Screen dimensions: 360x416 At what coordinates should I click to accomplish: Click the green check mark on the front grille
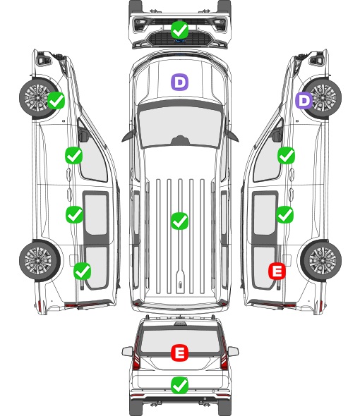180,30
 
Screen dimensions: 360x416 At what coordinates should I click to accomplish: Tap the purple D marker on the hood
179,82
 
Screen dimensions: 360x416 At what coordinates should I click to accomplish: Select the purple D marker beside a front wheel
304,100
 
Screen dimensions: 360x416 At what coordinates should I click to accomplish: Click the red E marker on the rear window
180,353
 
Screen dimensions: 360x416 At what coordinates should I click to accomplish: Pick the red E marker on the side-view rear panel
277,271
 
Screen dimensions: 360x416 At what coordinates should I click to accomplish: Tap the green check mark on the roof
179,221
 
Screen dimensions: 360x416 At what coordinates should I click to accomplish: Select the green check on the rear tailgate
180,385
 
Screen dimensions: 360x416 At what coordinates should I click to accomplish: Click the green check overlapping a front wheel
56,100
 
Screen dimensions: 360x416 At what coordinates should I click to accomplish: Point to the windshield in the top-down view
180,127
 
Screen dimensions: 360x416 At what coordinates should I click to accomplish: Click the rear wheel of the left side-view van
40,260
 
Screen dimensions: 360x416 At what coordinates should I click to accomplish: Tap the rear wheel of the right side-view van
321,260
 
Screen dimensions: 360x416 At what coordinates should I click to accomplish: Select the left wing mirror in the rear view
128,351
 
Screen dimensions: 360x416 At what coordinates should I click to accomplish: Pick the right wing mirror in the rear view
233,351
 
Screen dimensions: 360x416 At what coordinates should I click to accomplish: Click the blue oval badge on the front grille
180,41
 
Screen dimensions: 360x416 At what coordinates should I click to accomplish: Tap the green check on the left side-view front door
74,155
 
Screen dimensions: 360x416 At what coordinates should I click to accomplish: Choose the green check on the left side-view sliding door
74,214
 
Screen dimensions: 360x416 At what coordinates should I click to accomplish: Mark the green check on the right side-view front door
286,155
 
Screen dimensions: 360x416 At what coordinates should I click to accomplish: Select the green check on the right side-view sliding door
285,214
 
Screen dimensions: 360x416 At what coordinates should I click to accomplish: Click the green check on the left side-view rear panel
83,271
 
